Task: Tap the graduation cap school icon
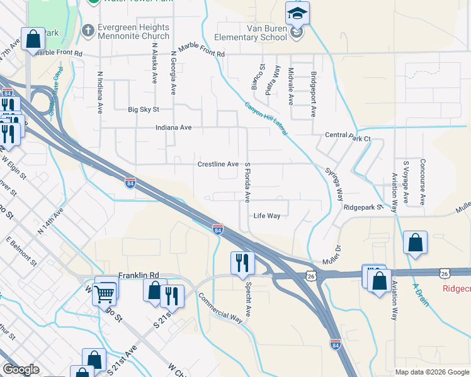(x=297, y=14)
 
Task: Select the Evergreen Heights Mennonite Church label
(x=133, y=31)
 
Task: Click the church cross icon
(x=88, y=30)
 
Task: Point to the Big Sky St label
(x=144, y=109)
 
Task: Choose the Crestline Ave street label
(x=218, y=164)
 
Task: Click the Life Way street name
(x=266, y=216)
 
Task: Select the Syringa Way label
(x=334, y=181)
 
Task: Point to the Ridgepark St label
(x=363, y=207)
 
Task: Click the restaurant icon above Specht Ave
(x=242, y=261)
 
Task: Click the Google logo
(x=21, y=369)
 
